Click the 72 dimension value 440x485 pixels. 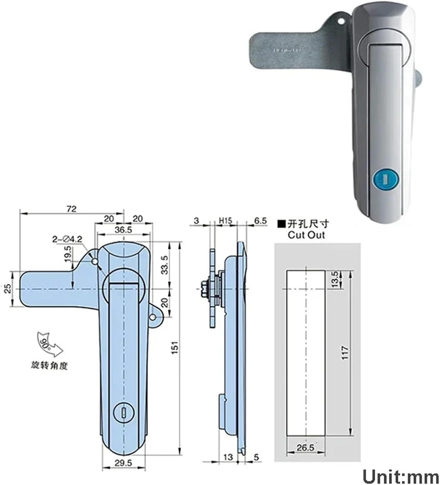coord(71,209)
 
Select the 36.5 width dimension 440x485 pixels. coord(124,230)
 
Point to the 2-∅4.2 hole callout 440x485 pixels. coord(67,239)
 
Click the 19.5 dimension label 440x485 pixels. coord(67,253)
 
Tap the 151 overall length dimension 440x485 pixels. coord(175,348)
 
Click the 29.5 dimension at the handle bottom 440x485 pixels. coord(123,463)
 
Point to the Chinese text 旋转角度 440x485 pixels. coord(49,366)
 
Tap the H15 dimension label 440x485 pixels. coord(225,221)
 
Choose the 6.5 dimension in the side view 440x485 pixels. coord(260,221)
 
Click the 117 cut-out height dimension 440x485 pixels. coord(345,353)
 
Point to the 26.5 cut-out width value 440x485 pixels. coord(305,448)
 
